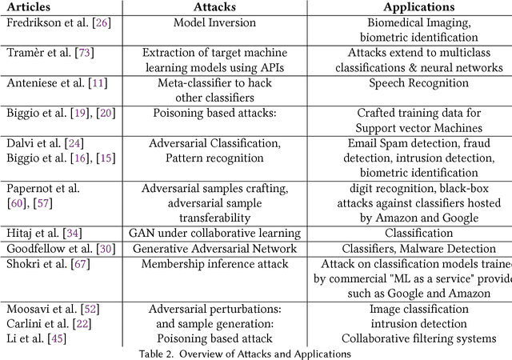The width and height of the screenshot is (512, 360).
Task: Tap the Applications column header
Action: [407, 6]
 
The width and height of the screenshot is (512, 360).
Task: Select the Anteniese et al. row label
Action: [51, 82]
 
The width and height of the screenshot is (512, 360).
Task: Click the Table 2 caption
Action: [255, 353]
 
